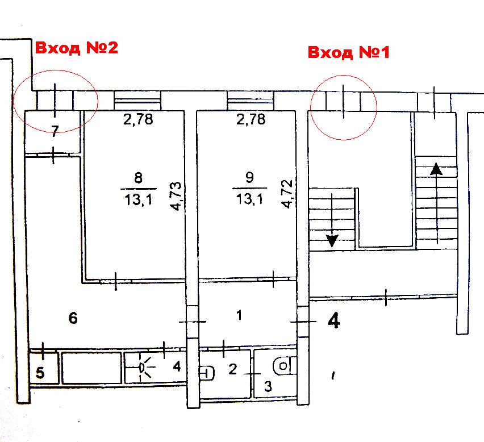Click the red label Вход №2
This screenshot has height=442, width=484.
77,48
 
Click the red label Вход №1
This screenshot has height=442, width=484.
349,52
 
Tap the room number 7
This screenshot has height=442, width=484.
55,131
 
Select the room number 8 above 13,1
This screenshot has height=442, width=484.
138,178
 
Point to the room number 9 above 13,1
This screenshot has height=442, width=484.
249,177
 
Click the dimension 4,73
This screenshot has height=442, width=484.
176,197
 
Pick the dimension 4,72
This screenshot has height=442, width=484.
287,194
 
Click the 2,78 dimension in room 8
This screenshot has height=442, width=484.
138,119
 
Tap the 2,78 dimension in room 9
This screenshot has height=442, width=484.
251,119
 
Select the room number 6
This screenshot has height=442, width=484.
73,318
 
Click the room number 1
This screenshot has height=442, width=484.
239,315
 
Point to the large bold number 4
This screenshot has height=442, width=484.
333,320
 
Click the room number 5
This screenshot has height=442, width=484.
40,373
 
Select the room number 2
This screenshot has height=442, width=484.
233,369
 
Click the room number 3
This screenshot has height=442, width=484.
268,386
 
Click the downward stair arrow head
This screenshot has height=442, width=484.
332,241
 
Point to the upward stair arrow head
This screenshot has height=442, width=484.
436,169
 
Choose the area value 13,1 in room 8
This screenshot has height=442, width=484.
138,200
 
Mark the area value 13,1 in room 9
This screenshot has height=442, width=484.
249,199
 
